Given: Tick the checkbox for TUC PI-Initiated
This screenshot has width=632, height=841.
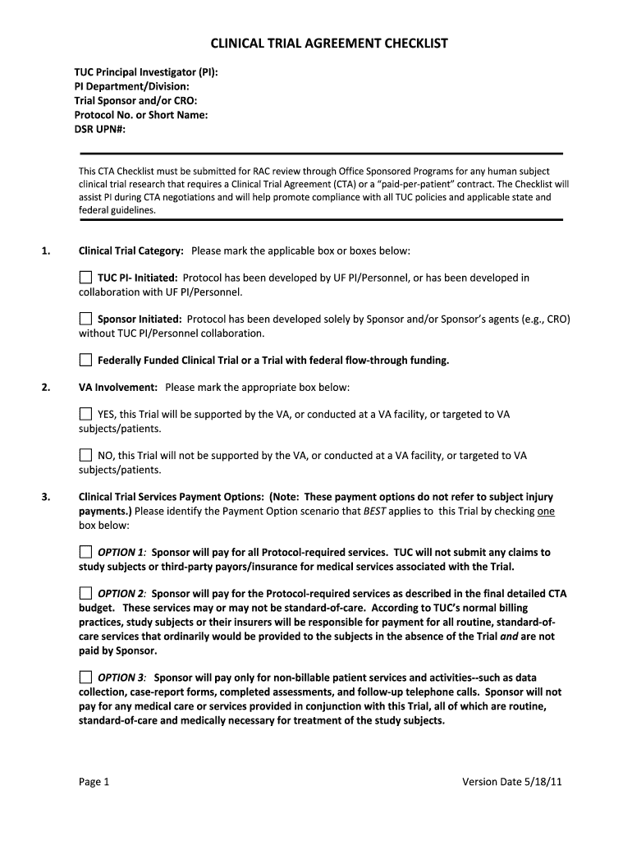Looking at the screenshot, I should pyautogui.click(x=85, y=278).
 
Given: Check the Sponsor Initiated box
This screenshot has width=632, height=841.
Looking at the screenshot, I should pyautogui.click(x=85, y=318).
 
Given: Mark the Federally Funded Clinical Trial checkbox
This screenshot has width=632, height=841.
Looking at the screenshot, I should pyautogui.click(x=85, y=360).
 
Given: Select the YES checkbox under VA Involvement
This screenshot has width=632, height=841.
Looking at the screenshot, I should pyautogui.click(x=85, y=414).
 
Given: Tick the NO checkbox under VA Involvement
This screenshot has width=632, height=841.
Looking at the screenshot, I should pyautogui.click(x=85, y=454).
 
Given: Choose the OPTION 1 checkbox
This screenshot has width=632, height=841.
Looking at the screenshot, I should pyautogui.click(x=85, y=551).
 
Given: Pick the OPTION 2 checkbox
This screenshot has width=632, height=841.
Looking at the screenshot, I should pyautogui.click(x=85, y=592).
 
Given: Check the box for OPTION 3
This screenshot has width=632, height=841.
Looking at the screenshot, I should pyautogui.click(x=85, y=677).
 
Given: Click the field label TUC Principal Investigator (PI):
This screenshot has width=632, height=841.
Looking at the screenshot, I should pyautogui.click(x=146, y=73).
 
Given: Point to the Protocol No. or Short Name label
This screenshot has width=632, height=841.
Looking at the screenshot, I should pyautogui.click(x=140, y=115).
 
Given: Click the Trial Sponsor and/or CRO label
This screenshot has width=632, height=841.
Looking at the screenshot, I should pyautogui.click(x=135, y=101).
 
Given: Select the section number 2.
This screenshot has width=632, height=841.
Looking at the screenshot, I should pyautogui.click(x=45, y=387).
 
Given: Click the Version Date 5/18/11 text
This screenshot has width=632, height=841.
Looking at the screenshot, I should pyautogui.click(x=512, y=781).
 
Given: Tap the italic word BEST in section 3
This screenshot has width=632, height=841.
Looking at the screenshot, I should pyautogui.click(x=374, y=510).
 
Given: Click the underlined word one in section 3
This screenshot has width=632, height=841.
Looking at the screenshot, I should pyautogui.click(x=546, y=510).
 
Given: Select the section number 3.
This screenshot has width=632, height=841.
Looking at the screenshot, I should pyautogui.click(x=45, y=497).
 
